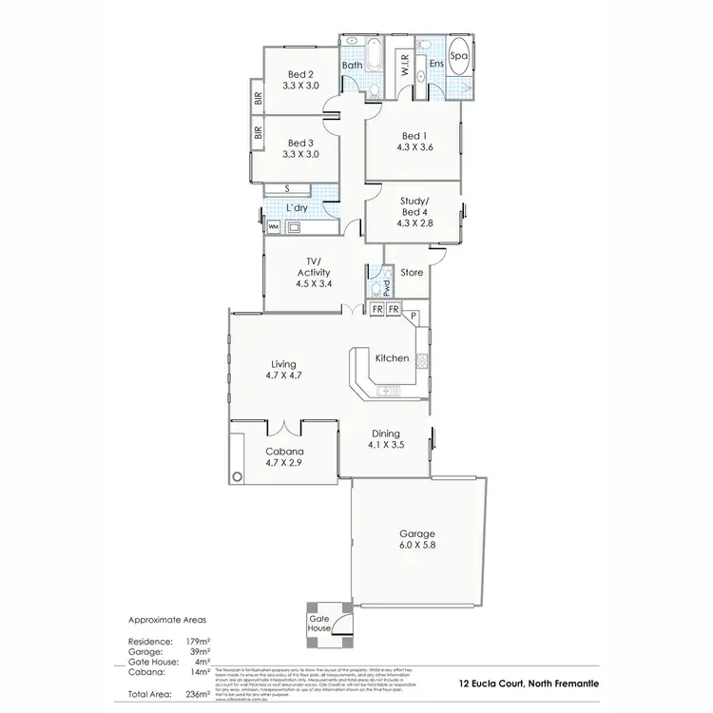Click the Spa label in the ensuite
457,56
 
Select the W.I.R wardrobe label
404,65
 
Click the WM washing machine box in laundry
273,227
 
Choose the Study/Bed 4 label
414,205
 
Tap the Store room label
411,273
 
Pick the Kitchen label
392,358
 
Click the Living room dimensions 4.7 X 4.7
284,376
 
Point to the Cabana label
284,452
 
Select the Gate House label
318,622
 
